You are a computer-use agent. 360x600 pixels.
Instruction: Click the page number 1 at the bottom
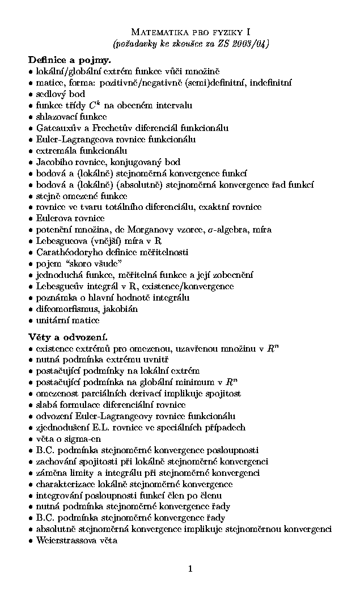190,568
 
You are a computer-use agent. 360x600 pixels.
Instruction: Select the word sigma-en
84,439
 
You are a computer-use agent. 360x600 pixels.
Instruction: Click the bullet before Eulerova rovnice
30,218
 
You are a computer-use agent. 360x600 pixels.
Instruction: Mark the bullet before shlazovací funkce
30,116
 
